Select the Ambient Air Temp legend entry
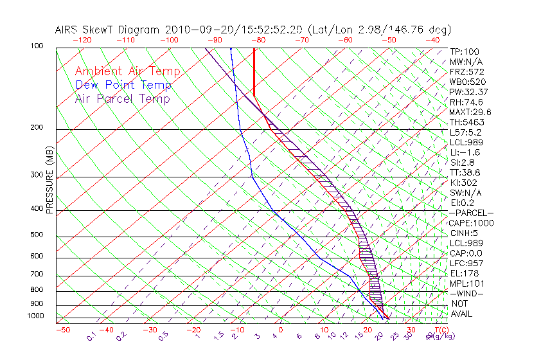point(128,71)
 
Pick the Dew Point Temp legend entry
point(123,85)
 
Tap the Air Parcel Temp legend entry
point(123,98)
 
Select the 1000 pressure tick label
point(36,316)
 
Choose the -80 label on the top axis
point(257,40)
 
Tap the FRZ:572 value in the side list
point(466,71)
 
